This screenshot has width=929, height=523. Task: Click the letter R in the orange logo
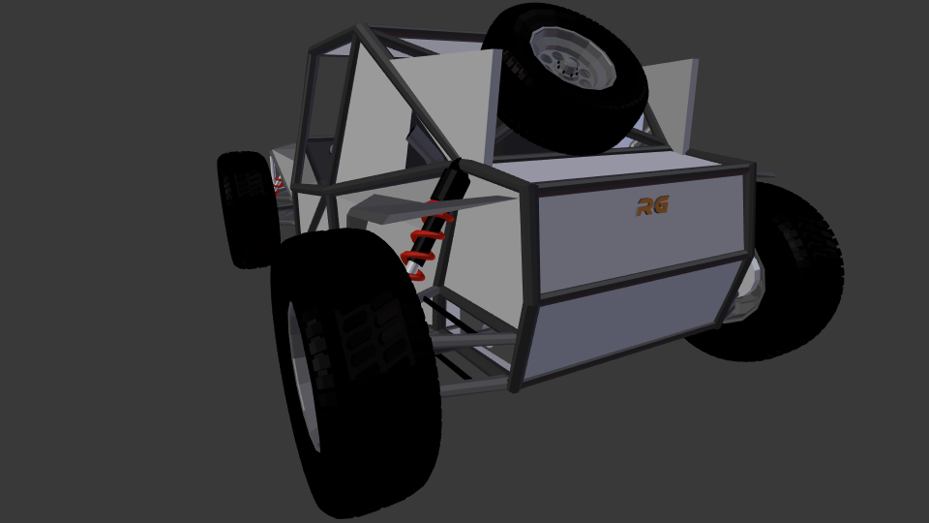click(644, 207)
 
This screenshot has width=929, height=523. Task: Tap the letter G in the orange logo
click(661, 204)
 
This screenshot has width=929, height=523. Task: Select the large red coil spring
click(426, 240)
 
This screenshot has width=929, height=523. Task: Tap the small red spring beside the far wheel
click(278, 185)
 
